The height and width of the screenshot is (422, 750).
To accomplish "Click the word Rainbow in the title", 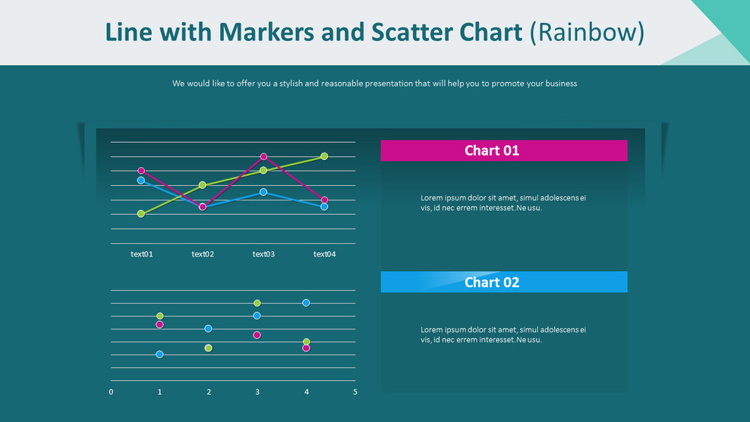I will click(587, 32).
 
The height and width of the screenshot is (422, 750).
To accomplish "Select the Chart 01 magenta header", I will click(503, 150).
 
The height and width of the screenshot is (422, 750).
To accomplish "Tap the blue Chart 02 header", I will click(503, 282).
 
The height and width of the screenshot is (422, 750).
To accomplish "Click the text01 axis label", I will click(141, 254).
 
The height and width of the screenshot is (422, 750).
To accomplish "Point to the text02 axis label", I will click(203, 254).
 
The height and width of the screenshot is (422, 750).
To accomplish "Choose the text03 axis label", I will click(263, 254).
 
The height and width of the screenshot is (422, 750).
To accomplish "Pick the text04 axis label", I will click(324, 254).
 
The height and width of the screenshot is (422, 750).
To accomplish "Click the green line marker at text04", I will click(324, 156).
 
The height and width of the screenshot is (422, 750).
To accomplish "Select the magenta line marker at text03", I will click(263, 156).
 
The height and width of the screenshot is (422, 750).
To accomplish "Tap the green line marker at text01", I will click(141, 214).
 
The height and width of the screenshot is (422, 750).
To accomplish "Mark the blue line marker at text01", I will click(141, 181).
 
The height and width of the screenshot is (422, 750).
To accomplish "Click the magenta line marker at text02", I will click(203, 206).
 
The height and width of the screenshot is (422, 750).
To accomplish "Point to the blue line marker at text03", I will click(263, 192).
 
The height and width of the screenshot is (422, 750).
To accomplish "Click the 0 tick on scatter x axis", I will click(111, 392).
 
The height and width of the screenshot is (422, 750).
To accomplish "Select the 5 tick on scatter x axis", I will click(355, 392).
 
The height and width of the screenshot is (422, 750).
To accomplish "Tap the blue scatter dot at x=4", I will click(306, 303).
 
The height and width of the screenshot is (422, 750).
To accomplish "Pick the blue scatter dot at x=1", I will click(159, 354).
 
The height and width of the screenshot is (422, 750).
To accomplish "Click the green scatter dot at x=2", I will click(208, 348).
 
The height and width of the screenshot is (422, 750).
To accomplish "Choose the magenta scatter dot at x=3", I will click(257, 335).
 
